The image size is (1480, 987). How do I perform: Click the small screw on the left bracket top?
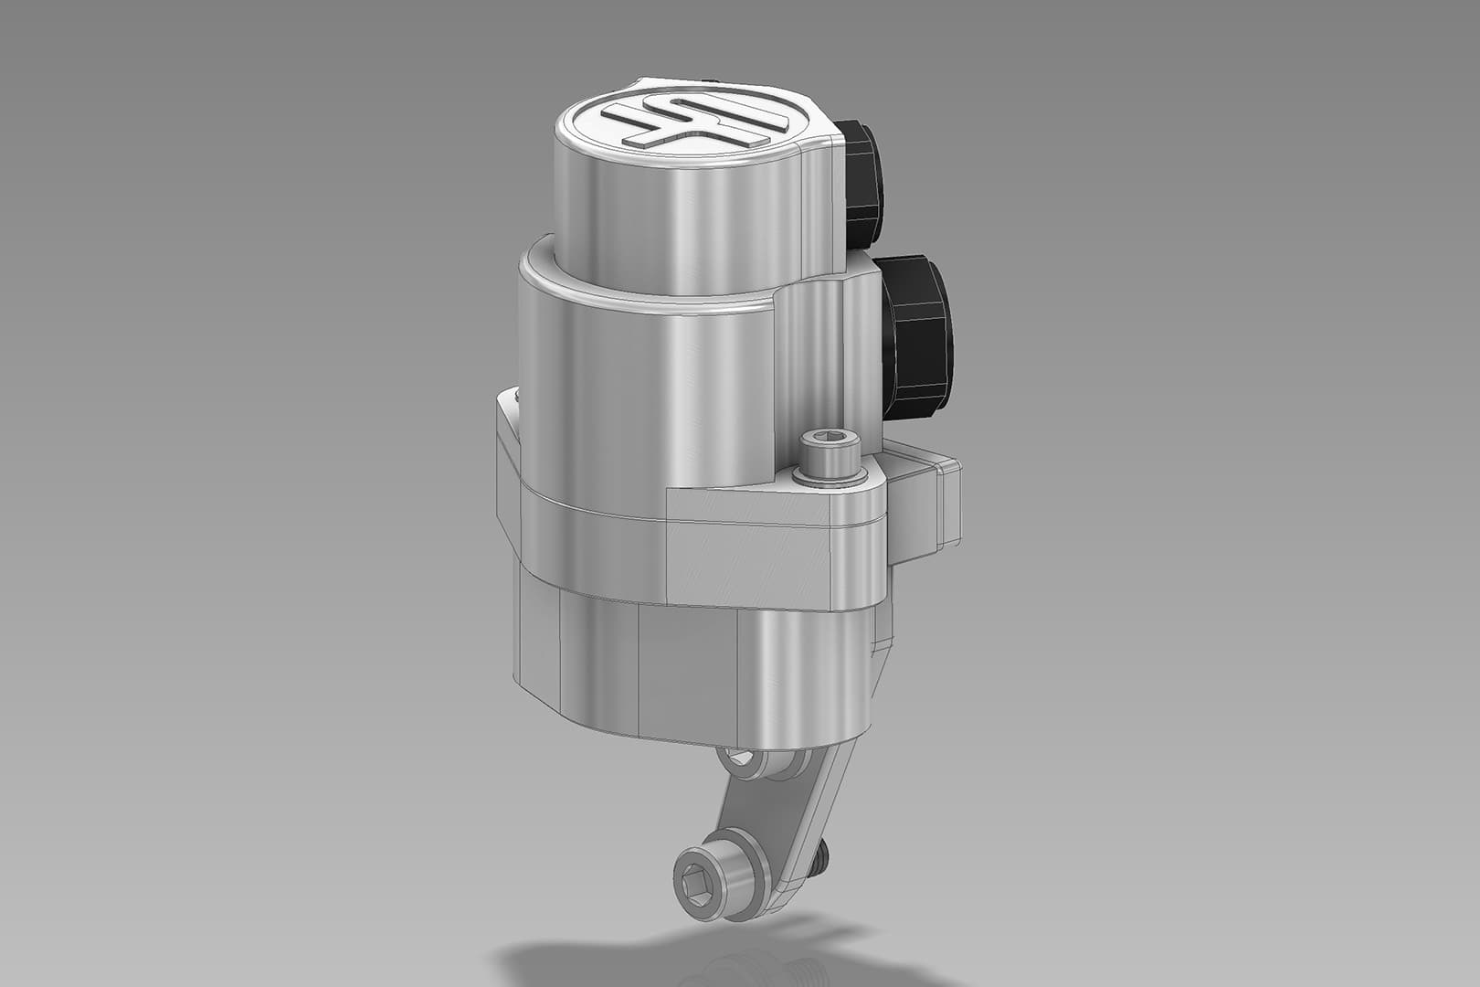516,398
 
